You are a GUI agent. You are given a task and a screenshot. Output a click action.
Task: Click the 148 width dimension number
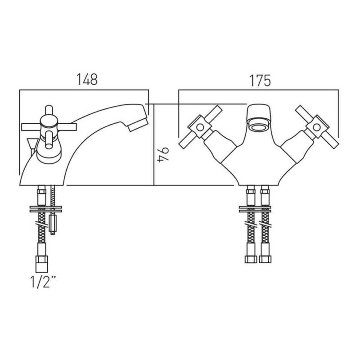point(87,80)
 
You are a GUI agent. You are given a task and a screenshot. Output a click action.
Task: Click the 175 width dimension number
point(260,81)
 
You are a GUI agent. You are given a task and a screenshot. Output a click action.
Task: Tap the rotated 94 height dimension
point(163,155)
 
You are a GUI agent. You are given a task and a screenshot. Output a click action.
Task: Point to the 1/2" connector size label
point(43,282)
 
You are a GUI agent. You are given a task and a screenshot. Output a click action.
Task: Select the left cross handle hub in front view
point(200,127)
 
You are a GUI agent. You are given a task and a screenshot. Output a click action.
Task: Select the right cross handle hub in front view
point(317,127)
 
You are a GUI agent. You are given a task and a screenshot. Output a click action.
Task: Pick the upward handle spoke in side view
point(49,111)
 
